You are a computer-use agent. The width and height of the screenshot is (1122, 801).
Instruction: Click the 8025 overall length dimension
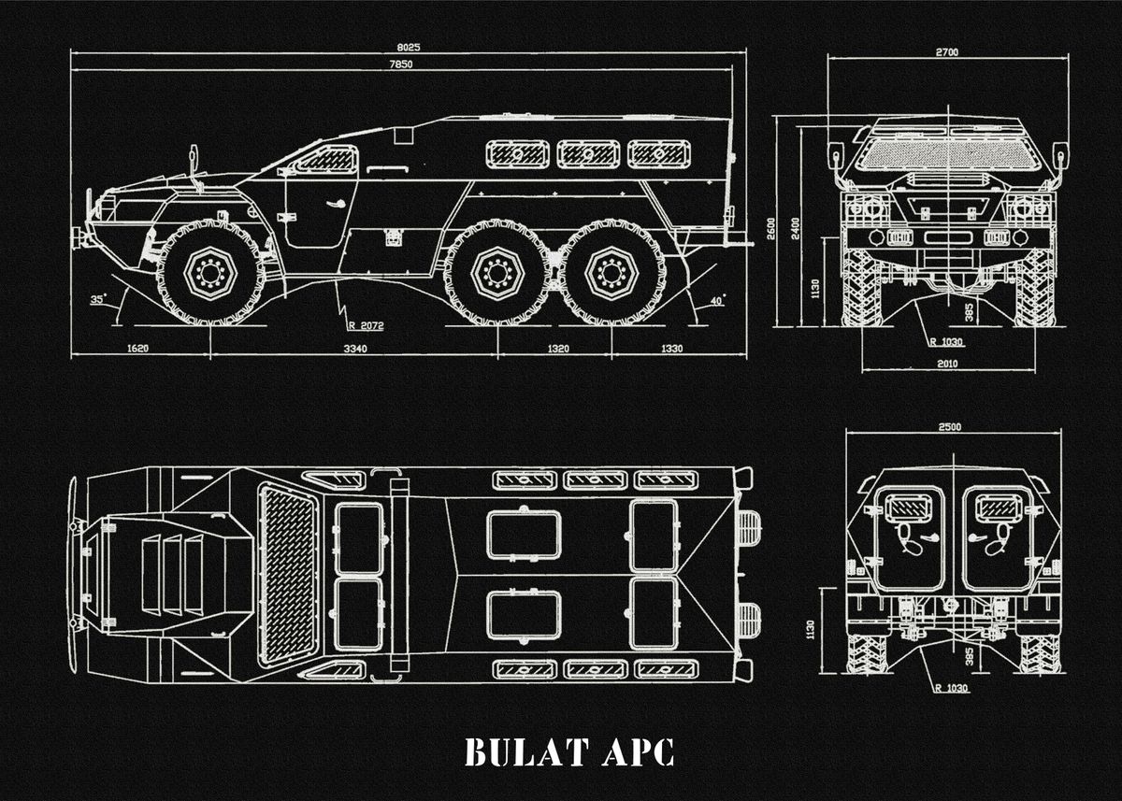tap(410, 46)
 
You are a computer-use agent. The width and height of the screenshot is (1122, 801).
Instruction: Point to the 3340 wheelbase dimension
tap(354, 349)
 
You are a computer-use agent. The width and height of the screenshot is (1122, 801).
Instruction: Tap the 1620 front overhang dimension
tap(137, 349)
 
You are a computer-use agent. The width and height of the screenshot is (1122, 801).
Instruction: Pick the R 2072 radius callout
tap(365, 326)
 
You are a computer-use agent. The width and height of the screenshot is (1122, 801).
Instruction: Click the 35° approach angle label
tap(97, 300)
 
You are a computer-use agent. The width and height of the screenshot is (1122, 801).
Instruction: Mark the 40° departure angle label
tap(717, 300)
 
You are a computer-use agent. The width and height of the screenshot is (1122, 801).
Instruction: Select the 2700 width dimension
tap(946, 52)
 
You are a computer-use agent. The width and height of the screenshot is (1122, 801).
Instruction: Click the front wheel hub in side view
tap(209, 273)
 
